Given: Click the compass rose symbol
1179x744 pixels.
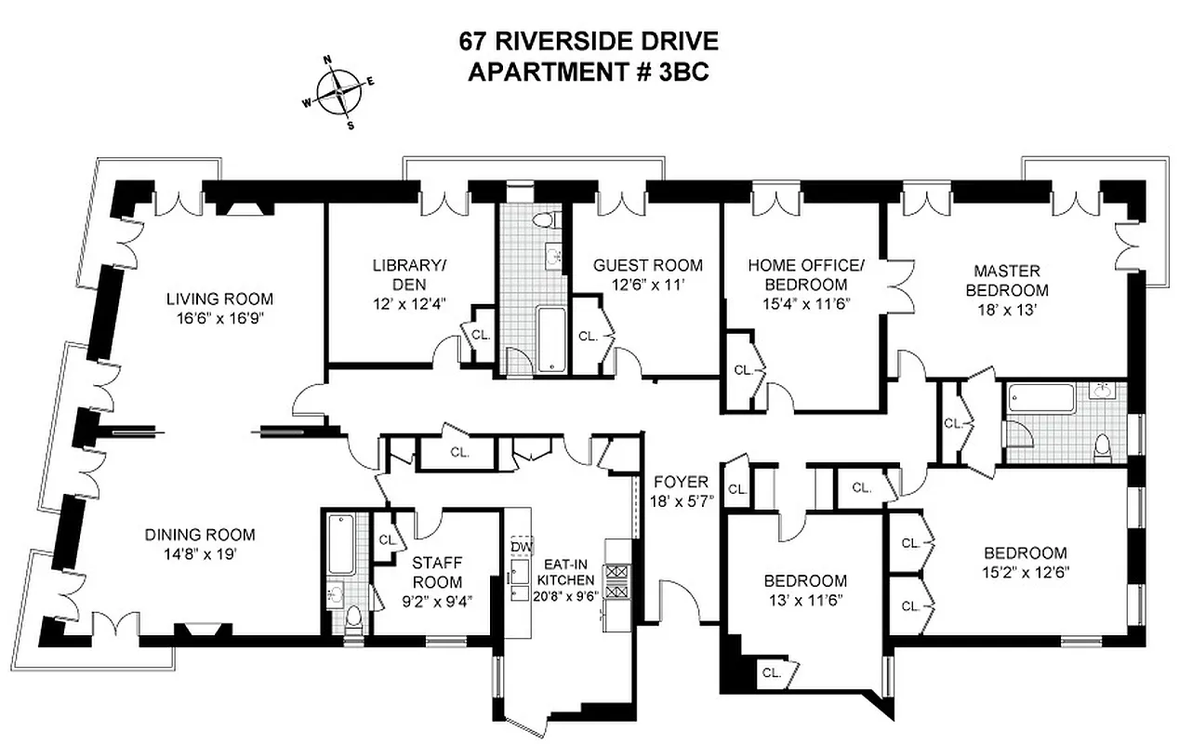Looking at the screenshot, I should (338, 92).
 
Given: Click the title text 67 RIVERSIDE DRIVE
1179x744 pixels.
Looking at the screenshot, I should (589, 42).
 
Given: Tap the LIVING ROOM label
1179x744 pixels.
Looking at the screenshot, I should (219, 299).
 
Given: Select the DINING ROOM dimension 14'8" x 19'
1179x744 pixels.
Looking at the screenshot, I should (199, 552).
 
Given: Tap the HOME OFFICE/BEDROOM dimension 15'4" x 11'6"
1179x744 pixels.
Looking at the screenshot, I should (805, 302).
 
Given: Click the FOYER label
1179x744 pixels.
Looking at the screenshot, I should (681, 482).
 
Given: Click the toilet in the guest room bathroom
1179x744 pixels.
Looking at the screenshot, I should (544, 220).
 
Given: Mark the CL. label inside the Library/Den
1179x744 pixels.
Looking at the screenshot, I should (481, 334).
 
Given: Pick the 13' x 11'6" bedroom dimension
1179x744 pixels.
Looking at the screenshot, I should (805, 599).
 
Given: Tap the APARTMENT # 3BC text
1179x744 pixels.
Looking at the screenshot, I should (589, 73).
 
